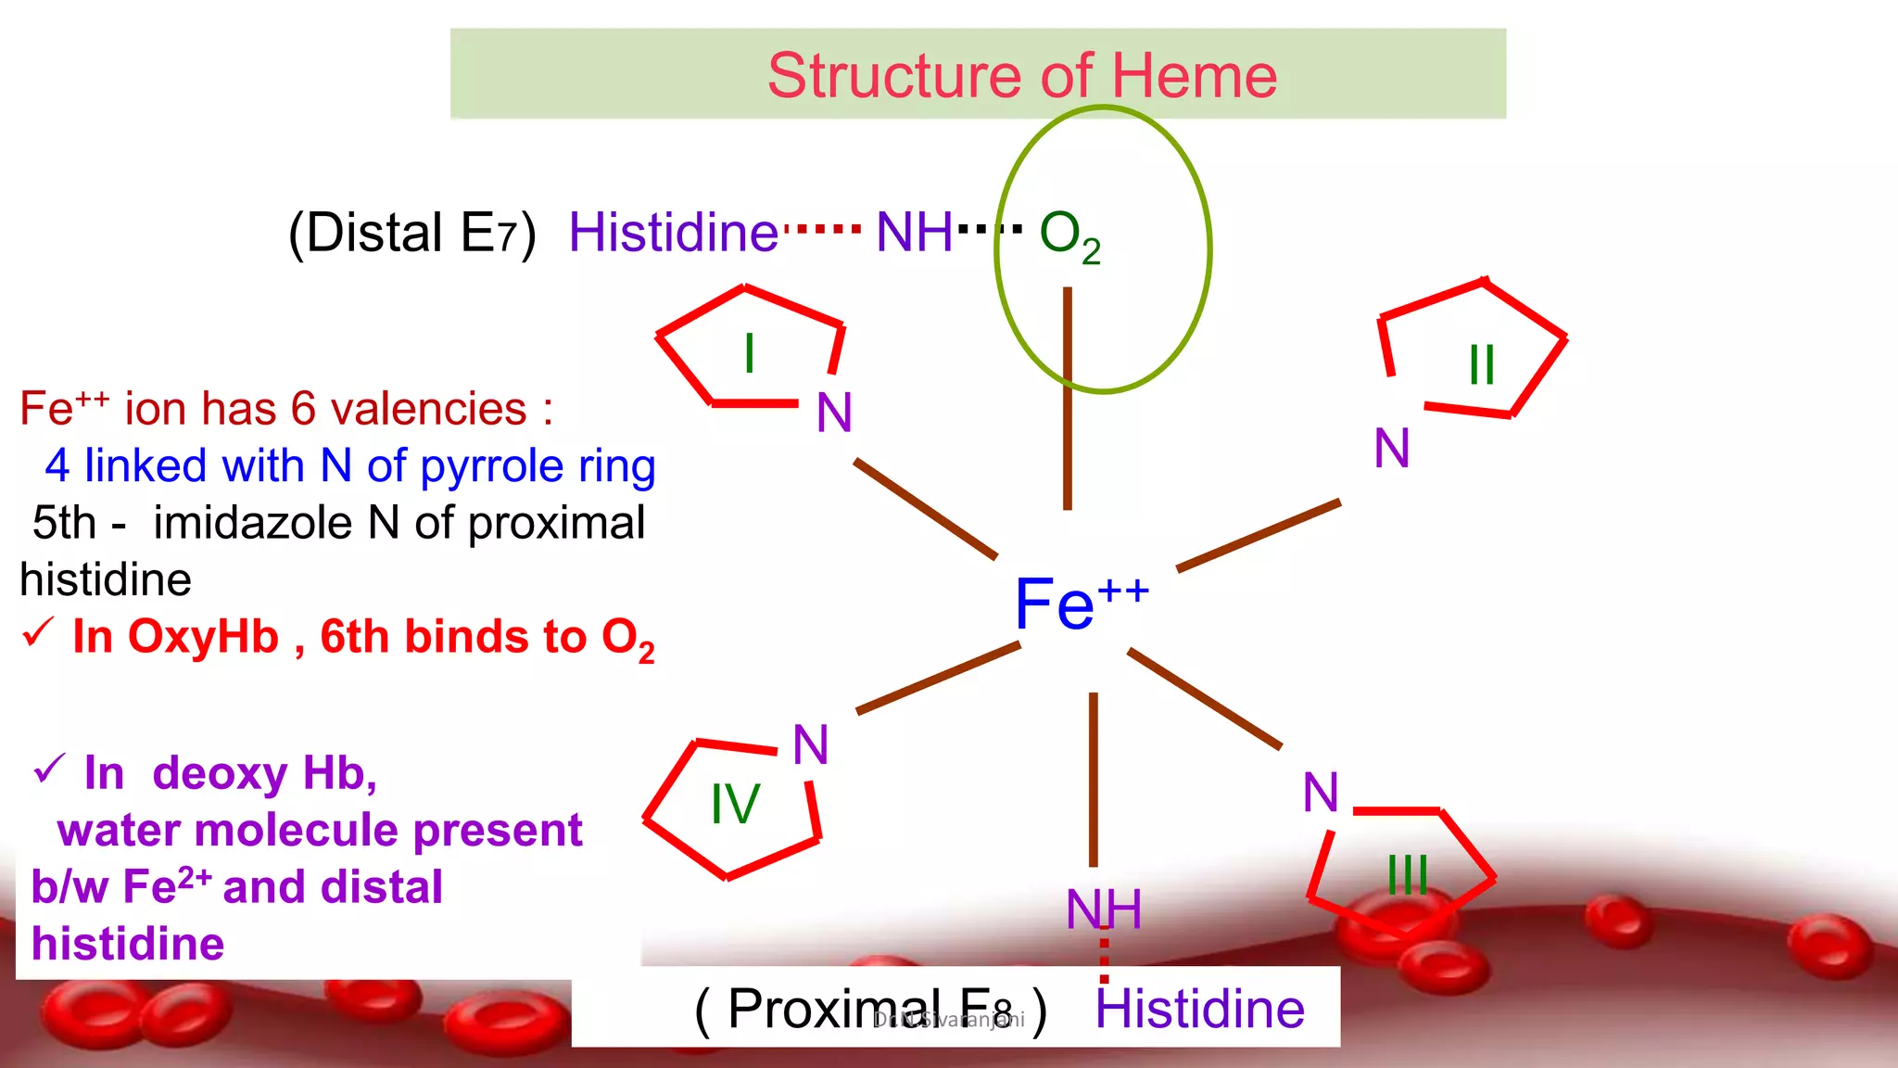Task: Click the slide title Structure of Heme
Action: pyautogui.click(x=1021, y=75)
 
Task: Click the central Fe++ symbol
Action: pyautogui.click(x=1080, y=604)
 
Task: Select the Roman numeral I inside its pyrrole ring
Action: pyautogui.click(x=749, y=353)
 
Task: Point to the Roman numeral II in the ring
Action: pyautogui.click(x=1482, y=364)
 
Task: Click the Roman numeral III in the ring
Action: pyautogui.click(x=1408, y=874)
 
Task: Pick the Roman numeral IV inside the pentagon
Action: pyautogui.click(x=735, y=804)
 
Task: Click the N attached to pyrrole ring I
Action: pyautogui.click(x=834, y=413)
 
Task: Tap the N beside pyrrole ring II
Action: pyautogui.click(x=1392, y=449)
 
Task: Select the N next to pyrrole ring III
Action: pyautogui.click(x=1321, y=793)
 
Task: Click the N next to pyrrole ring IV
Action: pyautogui.click(x=811, y=744)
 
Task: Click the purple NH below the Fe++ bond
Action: pyautogui.click(x=1103, y=909)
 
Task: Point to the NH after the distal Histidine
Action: pyautogui.click(x=914, y=232)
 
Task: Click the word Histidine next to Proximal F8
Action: pyautogui.click(x=1199, y=1009)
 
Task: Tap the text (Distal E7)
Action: pyautogui.click(x=412, y=233)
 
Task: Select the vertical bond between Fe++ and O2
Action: pyautogui.click(x=1068, y=399)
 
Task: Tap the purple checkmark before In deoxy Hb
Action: pyautogui.click(x=49, y=769)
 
